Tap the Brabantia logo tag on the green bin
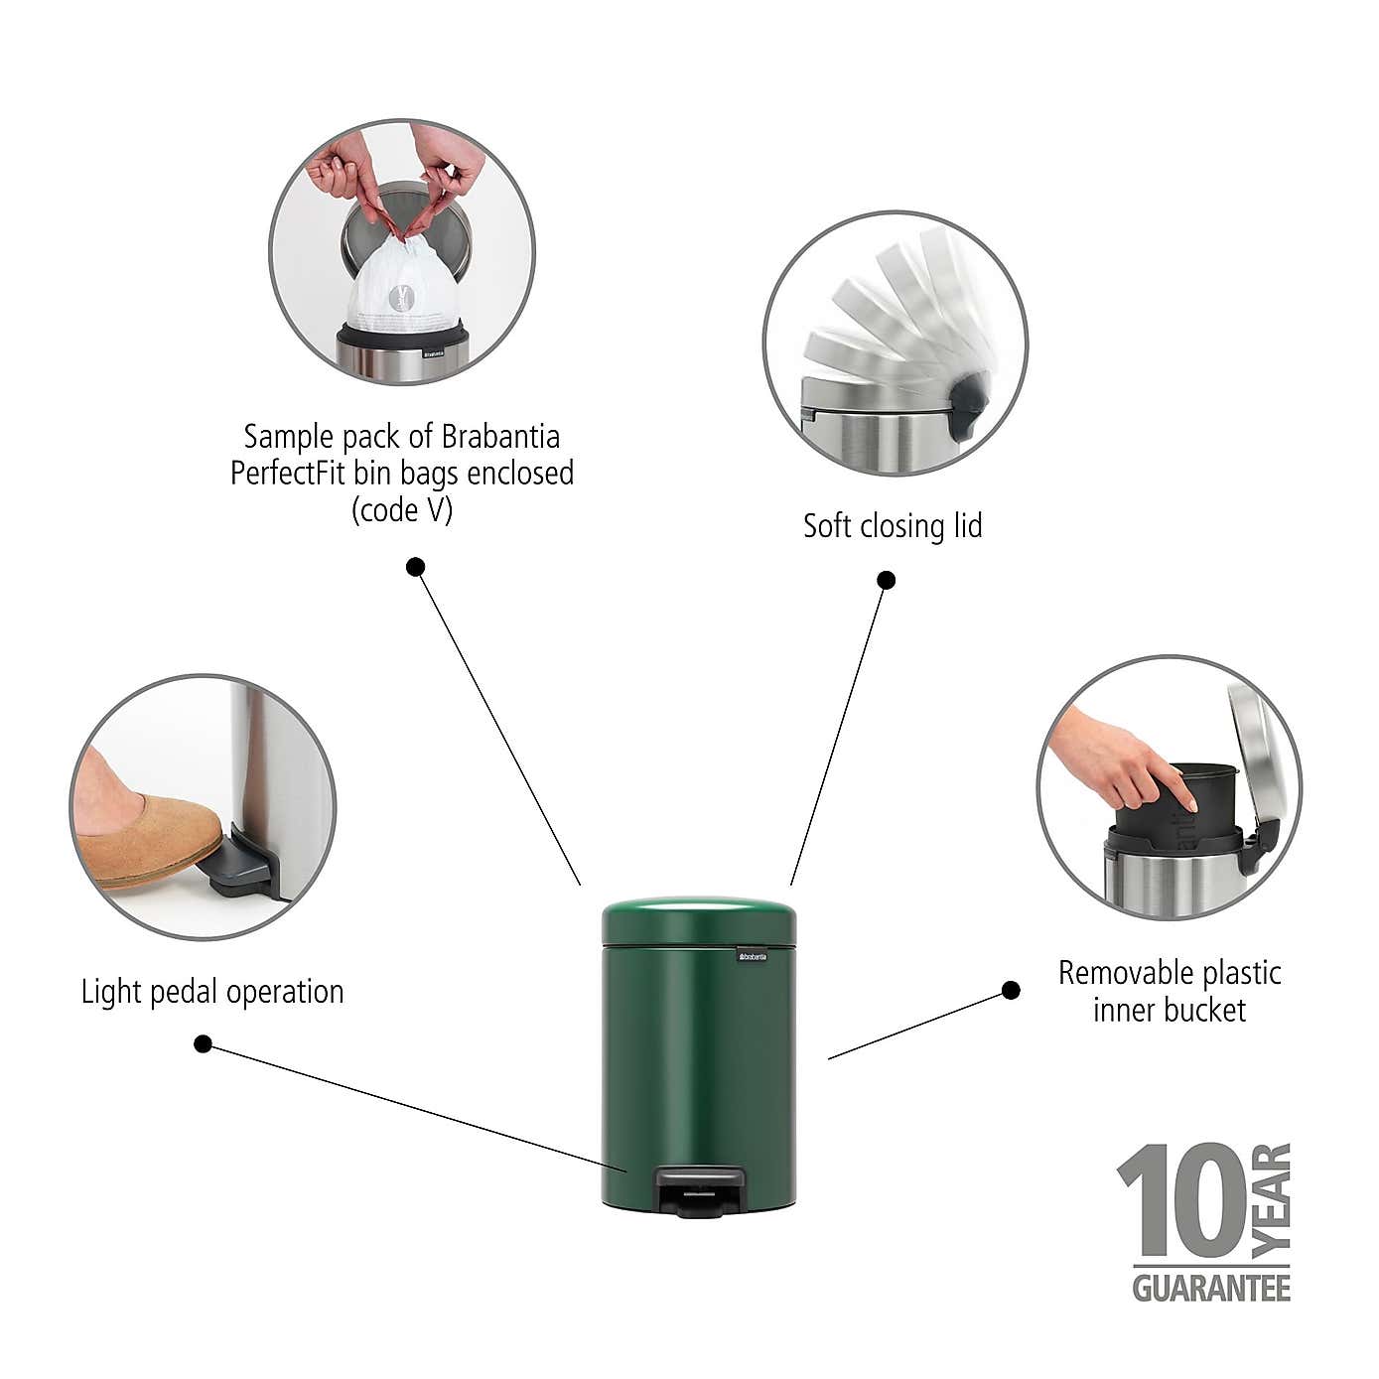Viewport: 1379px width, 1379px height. [x=752, y=956]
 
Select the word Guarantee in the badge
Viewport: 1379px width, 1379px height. [x=1211, y=1289]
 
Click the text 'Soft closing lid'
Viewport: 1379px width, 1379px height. [x=893, y=526]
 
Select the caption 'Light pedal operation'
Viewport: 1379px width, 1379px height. [x=212, y=992]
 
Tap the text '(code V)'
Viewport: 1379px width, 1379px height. [x=402, y=510]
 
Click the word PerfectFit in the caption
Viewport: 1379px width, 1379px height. [x=289, y=473]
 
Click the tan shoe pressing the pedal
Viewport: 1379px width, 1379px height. [x=149, y=834]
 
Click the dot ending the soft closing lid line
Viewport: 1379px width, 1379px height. [x=887, y=580]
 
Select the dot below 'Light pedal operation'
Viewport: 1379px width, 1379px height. [x=203, y=1044]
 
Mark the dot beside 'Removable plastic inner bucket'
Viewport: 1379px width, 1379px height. [x=1011, y=990]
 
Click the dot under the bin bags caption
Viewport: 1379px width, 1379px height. [x=416, y=567]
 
